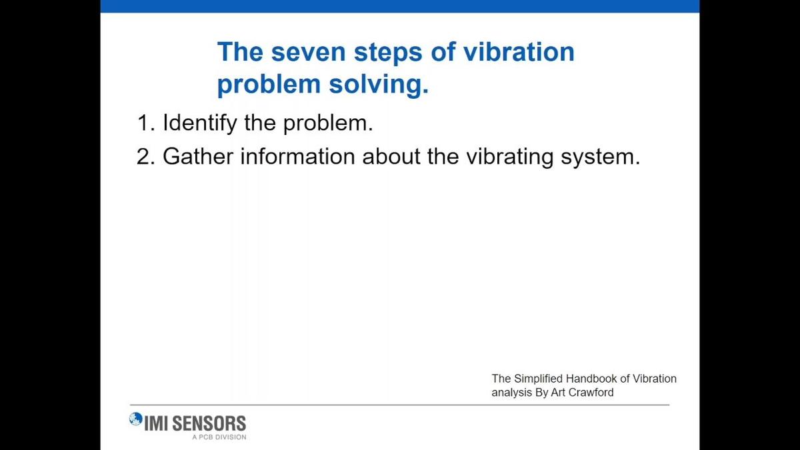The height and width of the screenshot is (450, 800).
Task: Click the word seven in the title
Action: click(308, 52)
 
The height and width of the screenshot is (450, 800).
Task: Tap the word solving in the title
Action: click(378, 84)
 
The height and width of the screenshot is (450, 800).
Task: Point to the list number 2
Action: click(146, 156)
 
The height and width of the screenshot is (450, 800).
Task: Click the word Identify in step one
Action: click(199, 124)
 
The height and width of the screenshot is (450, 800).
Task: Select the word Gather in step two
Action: click(198, 156)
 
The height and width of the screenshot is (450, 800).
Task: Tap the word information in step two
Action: click(297, 156)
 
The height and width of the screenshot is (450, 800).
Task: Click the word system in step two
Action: click(601, 158)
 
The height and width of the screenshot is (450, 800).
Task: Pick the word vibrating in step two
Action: click(509, 158)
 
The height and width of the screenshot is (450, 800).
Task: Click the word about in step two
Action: click(391, 156)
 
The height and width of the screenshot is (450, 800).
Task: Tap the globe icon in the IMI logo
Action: click(136, 419)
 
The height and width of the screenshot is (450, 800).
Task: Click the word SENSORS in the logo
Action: click(209, 423)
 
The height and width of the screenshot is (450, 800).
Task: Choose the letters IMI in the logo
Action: click(157, 423)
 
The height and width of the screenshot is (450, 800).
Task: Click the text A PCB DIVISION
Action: click(219, 437)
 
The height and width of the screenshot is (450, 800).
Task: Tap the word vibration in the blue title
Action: click(519, 52)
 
